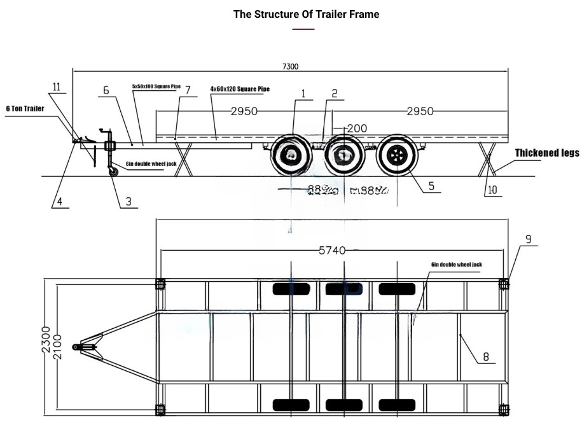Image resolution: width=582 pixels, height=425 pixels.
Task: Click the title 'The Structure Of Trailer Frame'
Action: (x=306, y=14)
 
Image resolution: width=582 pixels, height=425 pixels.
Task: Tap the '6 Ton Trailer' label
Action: (x=25, y=109)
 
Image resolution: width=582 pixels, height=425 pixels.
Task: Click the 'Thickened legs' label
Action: (x=547, y=153)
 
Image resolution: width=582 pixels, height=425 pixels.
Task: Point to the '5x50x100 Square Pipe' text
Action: (x=156, y=86)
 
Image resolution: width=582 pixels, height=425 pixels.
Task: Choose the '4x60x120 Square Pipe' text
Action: (x=240, y=89)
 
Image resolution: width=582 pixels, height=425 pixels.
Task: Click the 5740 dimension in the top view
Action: (x=332, y=251)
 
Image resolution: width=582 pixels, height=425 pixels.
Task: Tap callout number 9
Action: (x=528, y=240)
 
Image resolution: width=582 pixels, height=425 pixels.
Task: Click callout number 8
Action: (x=485, y=357)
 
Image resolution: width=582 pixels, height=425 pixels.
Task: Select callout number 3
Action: (x=128, y=202)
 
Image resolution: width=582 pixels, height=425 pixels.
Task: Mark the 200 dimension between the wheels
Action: (x=357, y=129)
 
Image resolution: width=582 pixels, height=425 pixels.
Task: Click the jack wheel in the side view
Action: (x=113, y=171)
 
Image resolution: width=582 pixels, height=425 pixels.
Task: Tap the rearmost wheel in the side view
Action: (x=397, y=155)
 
